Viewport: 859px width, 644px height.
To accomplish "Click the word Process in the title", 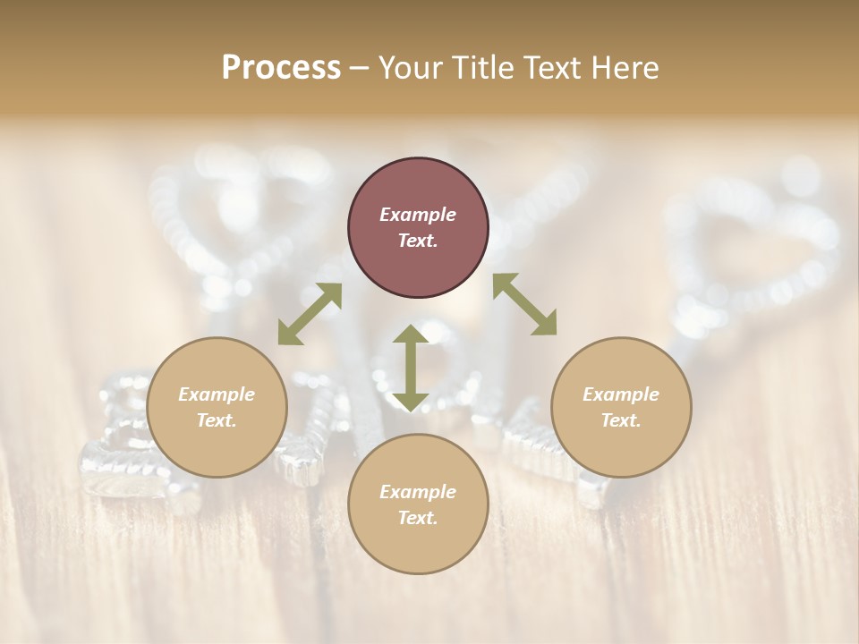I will (x=281, y=68).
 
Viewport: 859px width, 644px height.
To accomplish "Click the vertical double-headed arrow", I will (x=411, y=368).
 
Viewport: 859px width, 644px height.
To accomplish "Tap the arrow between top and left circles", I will (x=310, y=314).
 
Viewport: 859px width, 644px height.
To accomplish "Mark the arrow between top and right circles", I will (x=524, y=304).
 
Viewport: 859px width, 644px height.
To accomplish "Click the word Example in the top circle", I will (x=418, y=215).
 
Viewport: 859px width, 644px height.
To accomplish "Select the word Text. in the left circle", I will (x=217, y=420).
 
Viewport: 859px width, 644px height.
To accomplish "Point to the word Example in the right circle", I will (x=621, y=394).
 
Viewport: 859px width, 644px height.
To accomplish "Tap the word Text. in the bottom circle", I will (x=418, y=518).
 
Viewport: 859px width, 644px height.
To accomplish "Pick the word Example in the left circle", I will (x=217, y=394).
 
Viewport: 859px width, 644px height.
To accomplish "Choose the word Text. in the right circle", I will (x=621, y=420).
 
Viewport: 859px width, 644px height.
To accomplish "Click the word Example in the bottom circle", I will (x=418, y=492).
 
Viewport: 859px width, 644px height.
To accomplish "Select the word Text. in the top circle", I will (x=418, y=241).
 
